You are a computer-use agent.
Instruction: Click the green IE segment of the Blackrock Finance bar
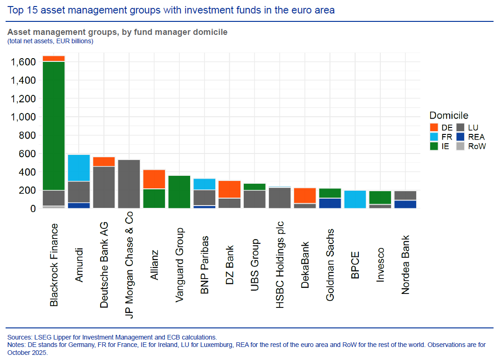click(54, 126)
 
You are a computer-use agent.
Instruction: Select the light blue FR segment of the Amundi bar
click(79, 168)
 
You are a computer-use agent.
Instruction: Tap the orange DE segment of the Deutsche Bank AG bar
click(104, 161)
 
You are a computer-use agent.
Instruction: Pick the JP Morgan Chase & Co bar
click(129, 184)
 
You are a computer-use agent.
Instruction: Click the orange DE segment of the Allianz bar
click(154, 179)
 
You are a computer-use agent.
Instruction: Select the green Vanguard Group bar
click(179, 192)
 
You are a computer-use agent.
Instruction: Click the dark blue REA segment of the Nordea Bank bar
click(405, 204)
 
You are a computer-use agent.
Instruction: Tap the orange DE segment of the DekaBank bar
click(305, 195)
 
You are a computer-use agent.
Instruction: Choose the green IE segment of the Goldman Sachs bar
click(330, 193)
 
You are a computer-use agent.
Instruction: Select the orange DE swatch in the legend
click(434, 127)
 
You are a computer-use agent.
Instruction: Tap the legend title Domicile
click(448, 115)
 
